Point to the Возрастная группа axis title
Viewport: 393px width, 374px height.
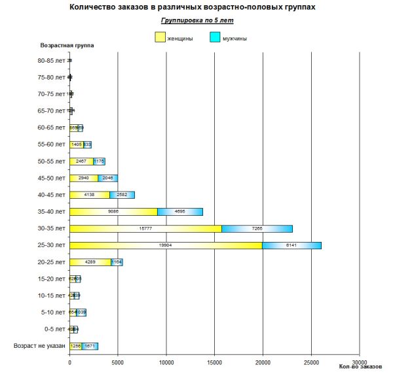(67, 46)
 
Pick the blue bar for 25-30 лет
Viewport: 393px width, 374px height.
(291, 245)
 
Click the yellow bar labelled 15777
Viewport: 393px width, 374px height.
(145, 228)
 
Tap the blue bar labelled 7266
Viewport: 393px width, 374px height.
(257, 228)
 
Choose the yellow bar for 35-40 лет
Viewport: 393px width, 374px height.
(113, 211)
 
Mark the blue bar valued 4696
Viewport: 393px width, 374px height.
(180, 211)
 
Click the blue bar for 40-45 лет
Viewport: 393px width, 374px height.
(122, 195)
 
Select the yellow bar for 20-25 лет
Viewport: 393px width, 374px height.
(90, 262)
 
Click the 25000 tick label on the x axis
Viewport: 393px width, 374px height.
(311, 362)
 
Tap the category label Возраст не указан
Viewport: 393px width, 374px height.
(39, 346)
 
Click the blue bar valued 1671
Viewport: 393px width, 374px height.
(90, 346)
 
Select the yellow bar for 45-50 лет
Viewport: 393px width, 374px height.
(84, 178)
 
